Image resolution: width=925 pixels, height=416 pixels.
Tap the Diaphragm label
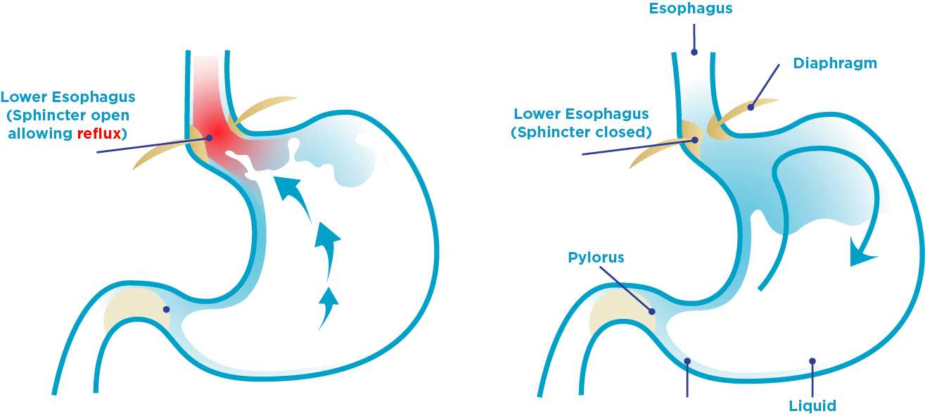click(835, 63)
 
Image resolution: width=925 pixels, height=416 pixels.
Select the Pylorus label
click(595, 258)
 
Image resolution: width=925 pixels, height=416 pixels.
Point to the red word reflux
click(99, 133)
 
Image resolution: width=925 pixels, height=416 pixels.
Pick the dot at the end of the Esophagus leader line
click(694, 51)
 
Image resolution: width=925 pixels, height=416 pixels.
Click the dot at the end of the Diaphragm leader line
click(751, 108)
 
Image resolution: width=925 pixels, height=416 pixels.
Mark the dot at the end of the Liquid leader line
click(812, 361)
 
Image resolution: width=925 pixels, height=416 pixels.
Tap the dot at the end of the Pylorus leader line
click(653, 311)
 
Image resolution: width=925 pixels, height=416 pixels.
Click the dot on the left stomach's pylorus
click(167, 309)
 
